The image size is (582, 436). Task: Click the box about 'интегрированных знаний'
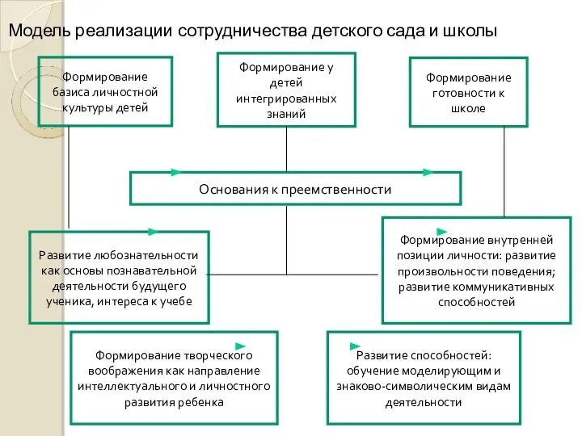coord(286,90)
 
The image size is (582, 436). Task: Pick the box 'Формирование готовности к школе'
coord(469,92)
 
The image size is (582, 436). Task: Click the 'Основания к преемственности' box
coord(295,189)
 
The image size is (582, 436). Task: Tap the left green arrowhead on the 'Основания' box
coord(175,172)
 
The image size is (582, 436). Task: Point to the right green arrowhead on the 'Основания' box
coord(428,172)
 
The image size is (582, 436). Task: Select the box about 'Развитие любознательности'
coord(119,278)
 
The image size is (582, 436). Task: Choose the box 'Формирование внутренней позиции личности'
coord(477,270)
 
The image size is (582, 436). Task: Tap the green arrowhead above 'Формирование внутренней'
coord(442,233)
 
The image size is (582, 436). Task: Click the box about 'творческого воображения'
coord(174,378)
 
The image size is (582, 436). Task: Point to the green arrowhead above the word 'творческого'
coord(241,346)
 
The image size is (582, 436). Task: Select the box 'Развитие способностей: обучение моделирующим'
coord(424,378)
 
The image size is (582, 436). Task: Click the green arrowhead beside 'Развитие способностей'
coord(352,346)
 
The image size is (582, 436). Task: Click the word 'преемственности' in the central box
coord(343,190)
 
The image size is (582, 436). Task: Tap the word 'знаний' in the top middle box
coord(286,114)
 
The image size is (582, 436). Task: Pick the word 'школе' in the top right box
coord(469,108)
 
